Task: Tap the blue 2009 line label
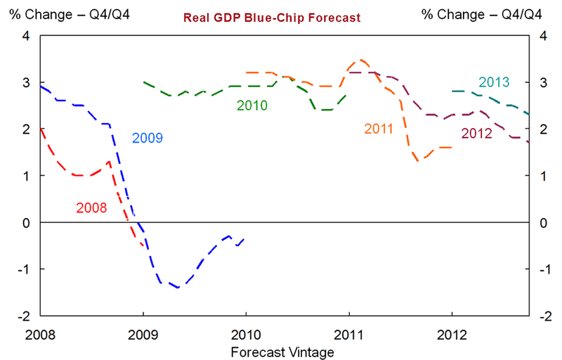click(x=148, y=138)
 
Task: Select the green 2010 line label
click(x=252, y=105)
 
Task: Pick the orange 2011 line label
click(x=380, y=129)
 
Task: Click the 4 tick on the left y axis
click(x=26, y=36)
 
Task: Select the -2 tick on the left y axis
click(x=24, y=316)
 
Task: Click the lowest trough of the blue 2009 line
click(x=177, y=288)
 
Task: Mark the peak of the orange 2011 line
click(x=360, y=60)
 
